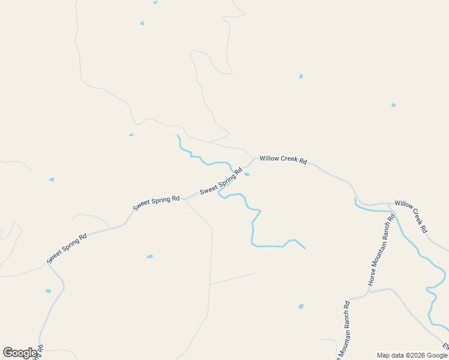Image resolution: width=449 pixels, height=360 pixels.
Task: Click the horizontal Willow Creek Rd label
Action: click(283, 161)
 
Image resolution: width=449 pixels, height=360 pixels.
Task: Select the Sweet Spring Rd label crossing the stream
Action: click(221, 181)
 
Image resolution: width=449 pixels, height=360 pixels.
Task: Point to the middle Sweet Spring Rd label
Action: click(156, 203)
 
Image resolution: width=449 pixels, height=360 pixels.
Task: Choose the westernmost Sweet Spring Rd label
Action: click(67, 248)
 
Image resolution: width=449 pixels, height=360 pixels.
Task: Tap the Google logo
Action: click(20, 353)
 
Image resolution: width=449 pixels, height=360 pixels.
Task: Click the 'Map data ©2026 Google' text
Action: click(412, 355)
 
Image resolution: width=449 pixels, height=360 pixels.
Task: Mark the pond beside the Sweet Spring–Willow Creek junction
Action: click(247, 175)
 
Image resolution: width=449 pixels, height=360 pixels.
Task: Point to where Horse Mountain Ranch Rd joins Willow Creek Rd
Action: click(390, 205)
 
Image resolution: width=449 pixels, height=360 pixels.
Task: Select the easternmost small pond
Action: click(393, 105)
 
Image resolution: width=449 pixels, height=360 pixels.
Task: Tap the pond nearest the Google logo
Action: click(48, 291)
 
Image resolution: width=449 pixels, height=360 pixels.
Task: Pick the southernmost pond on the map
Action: click(301, 306)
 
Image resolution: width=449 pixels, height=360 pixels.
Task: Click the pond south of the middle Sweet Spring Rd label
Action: click(149, 256)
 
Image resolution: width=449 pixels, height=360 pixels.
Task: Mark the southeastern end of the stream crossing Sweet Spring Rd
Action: click(305, 248)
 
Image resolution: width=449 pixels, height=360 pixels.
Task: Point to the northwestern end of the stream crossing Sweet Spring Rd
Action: click(178, 136)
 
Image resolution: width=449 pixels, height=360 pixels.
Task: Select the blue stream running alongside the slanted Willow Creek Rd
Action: click(420, 258)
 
